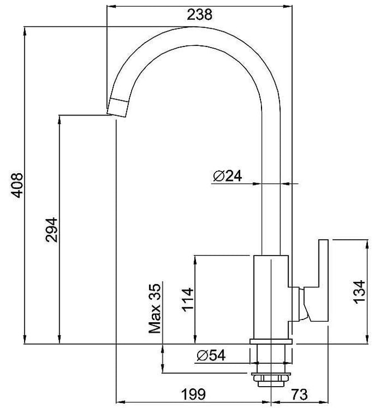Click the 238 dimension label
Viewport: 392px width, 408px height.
click(200, 15)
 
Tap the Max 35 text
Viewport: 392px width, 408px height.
click(155, 309)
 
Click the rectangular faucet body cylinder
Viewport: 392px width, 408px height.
click(271, 297)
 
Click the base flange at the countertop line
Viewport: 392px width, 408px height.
click(270, 344)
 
